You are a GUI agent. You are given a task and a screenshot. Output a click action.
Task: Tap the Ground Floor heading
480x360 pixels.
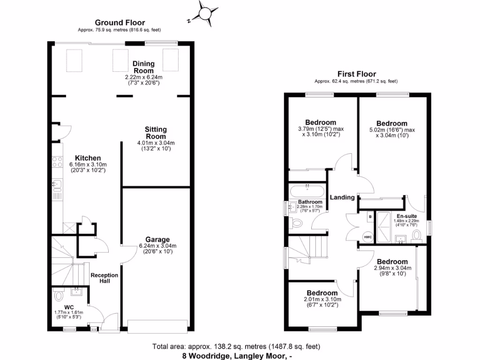tap(120, 22)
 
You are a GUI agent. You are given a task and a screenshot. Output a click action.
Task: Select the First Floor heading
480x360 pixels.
tap(356, 74)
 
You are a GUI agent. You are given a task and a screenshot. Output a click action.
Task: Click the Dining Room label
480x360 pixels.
tap(143, 67)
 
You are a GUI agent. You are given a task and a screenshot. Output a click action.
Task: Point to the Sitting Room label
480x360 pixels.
tap(155, 133)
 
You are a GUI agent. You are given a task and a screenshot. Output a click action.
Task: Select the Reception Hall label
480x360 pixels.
tap(104, 278)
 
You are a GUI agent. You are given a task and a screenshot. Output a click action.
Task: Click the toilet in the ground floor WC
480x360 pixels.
tap(59, 296)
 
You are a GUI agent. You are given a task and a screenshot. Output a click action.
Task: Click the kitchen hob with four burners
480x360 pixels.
tap(57, 162)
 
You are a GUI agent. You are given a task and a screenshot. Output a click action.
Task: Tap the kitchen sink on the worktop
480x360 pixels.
tap(57, 185)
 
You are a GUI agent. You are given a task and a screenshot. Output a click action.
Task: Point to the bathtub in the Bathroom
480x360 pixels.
tap(307, 191)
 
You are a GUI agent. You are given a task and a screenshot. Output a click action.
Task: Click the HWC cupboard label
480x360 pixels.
tap(368, 237)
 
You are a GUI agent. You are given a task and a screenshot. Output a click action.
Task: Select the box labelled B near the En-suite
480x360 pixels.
tap(370, 217)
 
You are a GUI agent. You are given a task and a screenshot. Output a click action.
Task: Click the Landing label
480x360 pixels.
tap(342, 197)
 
